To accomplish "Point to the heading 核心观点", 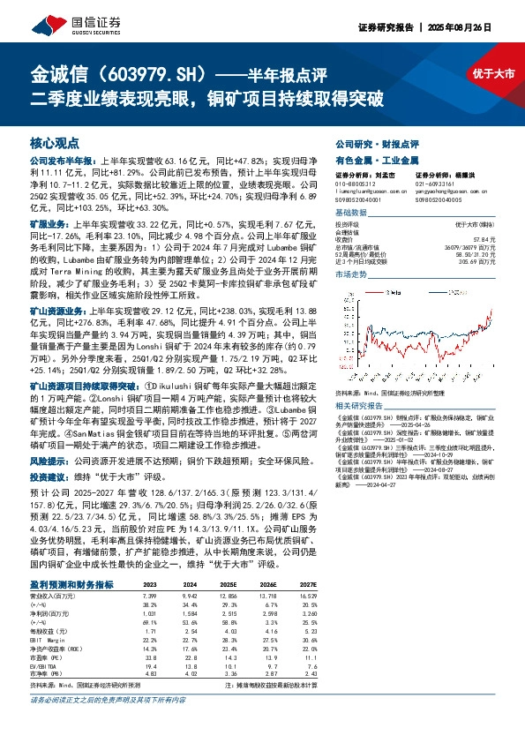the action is coord(54,141).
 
